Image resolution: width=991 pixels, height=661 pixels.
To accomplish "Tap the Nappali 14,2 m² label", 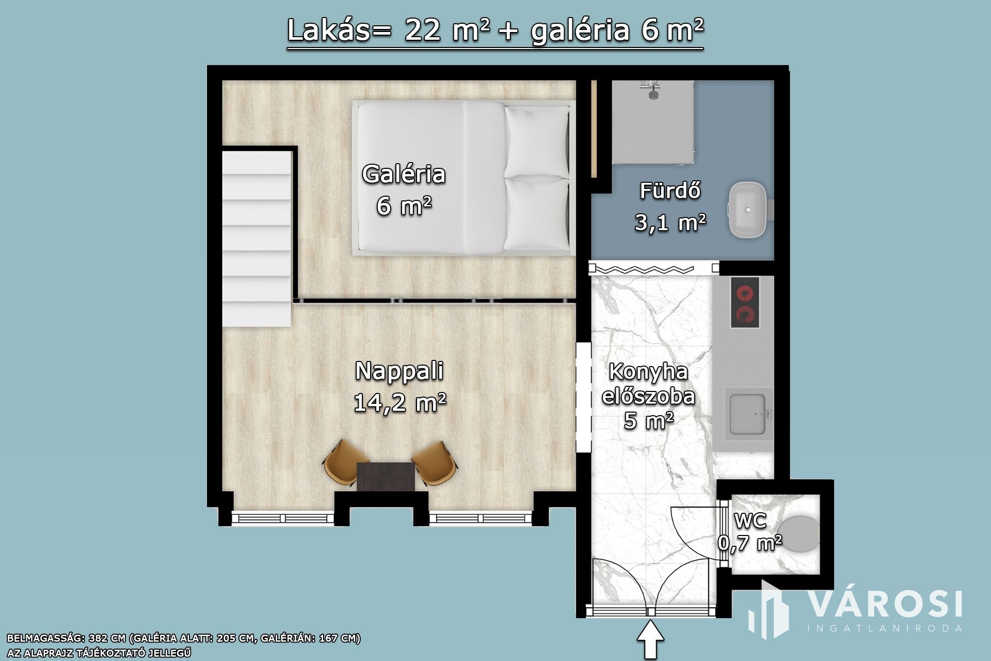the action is [x=400, y=387].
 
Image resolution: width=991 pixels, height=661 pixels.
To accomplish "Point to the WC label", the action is [x=750, y=521].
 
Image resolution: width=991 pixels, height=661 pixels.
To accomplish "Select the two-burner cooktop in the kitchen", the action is [x=745, y=302].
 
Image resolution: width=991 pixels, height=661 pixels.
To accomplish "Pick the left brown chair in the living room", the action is [x=340, y=462].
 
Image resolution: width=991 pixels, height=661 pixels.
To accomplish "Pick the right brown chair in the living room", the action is [x=435, y=463].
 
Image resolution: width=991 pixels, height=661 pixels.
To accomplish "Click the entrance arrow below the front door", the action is [x=651, y=640].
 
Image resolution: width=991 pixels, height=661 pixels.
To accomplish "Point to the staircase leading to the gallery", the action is [x=257, y=239].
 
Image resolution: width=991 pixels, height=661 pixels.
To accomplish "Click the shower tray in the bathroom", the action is [x=652, y=122].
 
